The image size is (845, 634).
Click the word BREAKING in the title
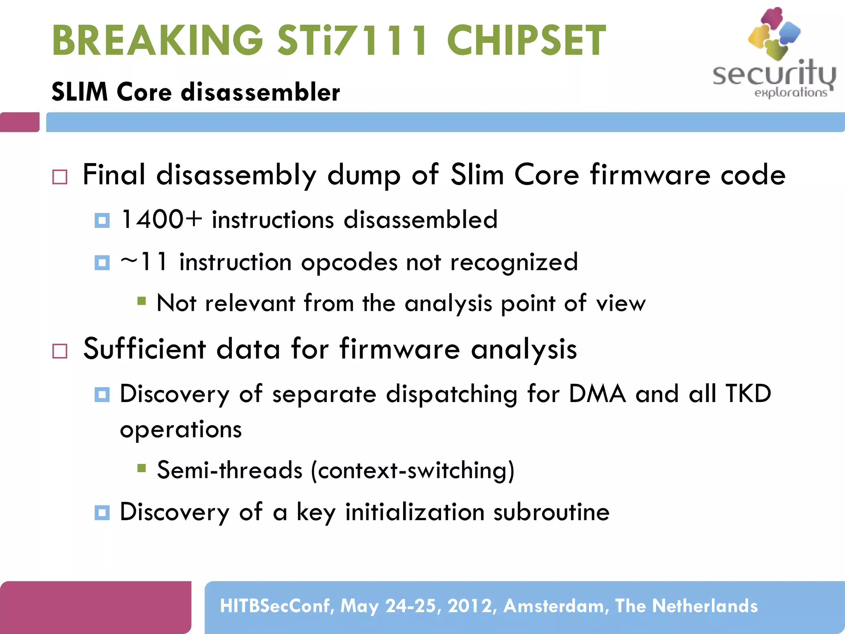point(157,40)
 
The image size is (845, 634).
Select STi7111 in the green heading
point(353,40)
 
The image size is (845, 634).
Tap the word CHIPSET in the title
point(526,40)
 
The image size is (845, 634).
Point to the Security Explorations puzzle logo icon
point(774,33)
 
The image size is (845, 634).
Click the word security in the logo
point(774,75)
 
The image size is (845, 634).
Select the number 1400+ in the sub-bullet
point(161,219)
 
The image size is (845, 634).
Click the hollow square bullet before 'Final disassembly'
point(60,177)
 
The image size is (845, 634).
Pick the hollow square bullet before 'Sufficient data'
point(60,351)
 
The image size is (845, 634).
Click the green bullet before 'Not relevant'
point(142,301)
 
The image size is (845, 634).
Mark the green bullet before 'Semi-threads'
point(142,468)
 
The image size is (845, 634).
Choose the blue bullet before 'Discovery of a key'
point(102,513)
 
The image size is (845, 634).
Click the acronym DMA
point(597,393)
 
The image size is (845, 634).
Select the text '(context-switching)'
point(413,470)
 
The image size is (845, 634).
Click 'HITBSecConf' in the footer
point(277,606)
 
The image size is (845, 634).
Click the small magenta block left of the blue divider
point(20,122)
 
